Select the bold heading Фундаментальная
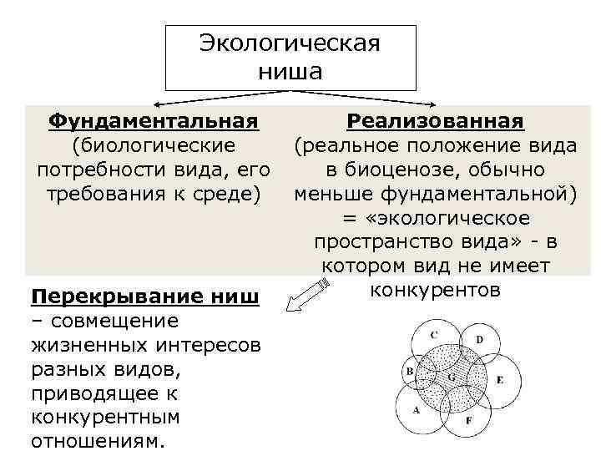(x=152, y=122)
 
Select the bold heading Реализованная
(x=435, y=122)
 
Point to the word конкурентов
(x=435, y=291)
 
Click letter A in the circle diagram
(x=415, y=411)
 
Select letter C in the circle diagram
(x=433, y=334)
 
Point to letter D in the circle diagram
(x=479, y=339)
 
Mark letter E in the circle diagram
(x=499, y=380)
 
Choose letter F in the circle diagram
(x=468, y=421)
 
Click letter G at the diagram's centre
(x=451, y=378)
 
